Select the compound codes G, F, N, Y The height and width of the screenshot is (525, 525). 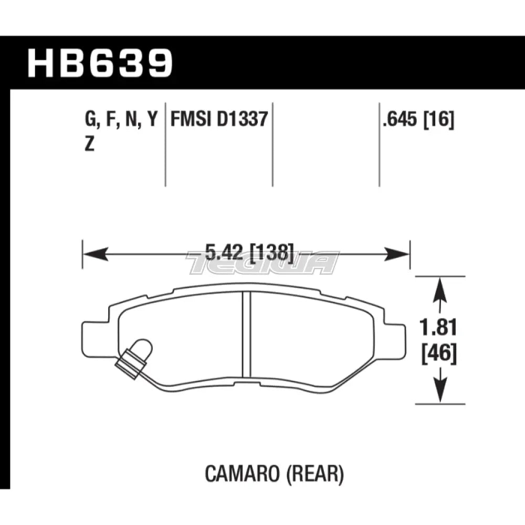click(120, 121)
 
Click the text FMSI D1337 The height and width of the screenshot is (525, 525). click(219, 121)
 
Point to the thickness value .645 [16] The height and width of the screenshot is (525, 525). click(418, 121)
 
